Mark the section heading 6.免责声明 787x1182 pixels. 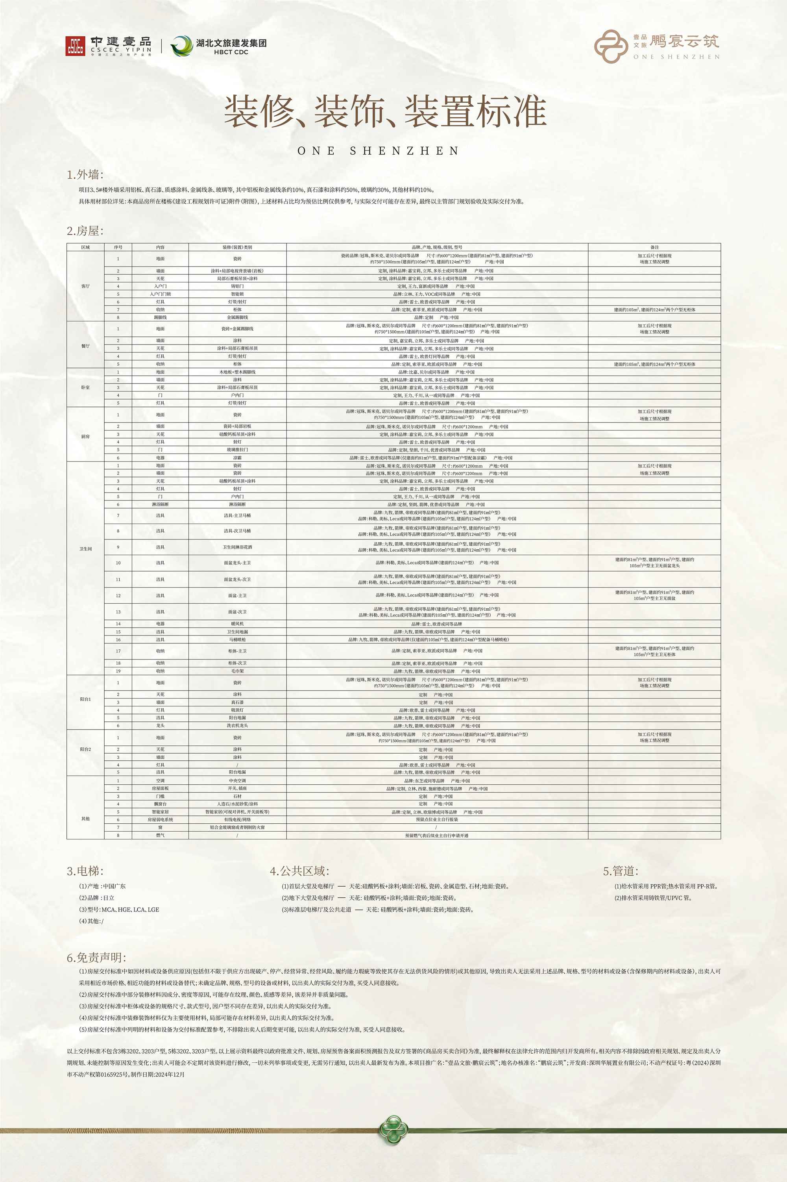pyautogui.click(x=96, y=958)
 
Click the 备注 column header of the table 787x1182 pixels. pyautogui.click(x=654, y=247)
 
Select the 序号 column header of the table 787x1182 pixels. pyautogui.click(x=118, y=247)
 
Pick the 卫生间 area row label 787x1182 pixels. pyautogui.click(x=85, y=549)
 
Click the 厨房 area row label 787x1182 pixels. pyautogui.click(x=85, y=436)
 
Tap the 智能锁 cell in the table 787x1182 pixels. pyautogui.click(x=237, y=294)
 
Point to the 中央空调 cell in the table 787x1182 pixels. pyautogui.click(x=237, y=781)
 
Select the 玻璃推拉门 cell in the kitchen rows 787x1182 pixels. pyautogui.click(x=237, y=450)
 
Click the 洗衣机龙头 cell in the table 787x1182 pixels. pyautogui.click(x=237, y=726)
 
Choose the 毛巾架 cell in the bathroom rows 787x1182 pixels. pyautogui.click(x=237, y=671)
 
